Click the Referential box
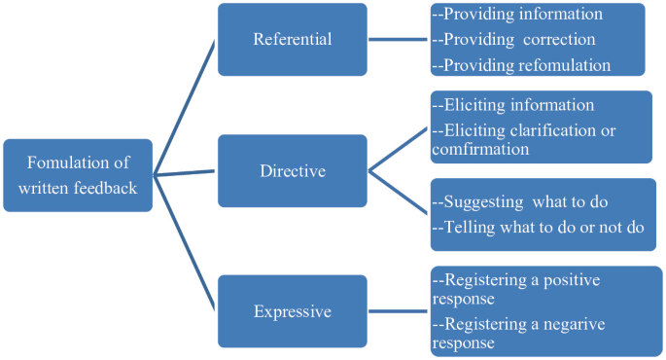point(292,40)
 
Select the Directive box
point(292,171)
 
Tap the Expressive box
point(292,311)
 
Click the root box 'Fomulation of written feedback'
point(78,175)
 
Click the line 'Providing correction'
point(520,40)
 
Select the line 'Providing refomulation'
point(526,65)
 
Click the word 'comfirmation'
point(480,150)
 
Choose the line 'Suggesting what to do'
point(520,202)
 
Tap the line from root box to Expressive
point(185,243)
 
